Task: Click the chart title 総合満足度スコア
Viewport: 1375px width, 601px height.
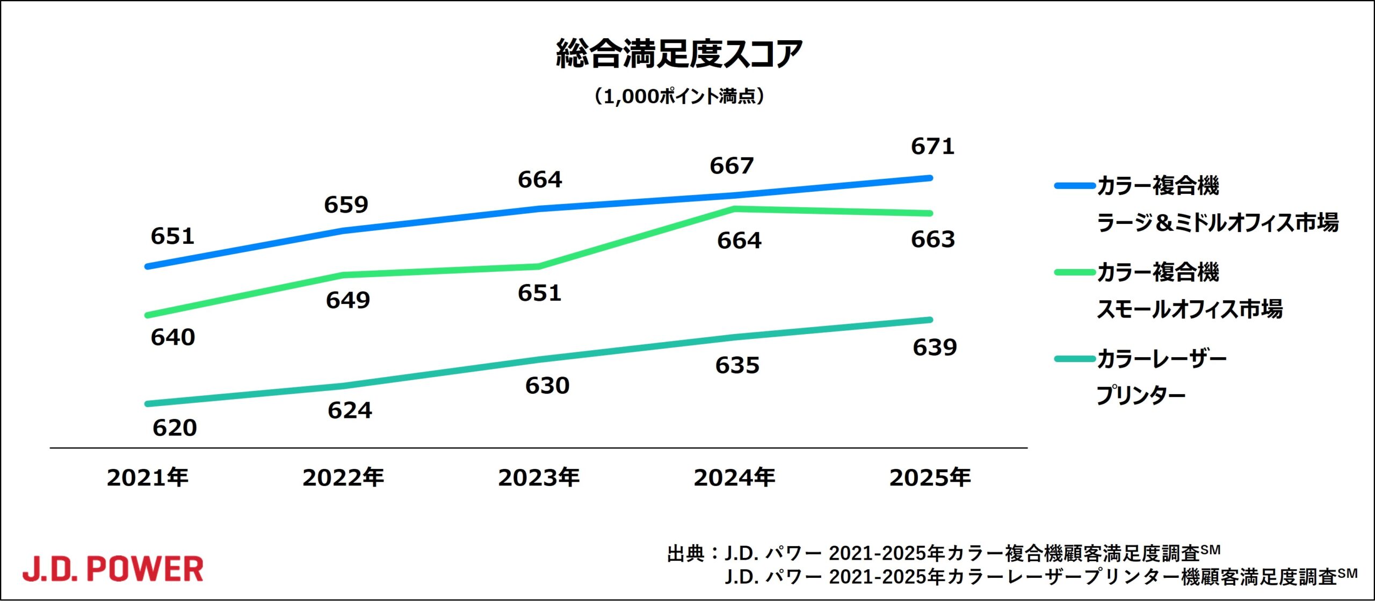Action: click(679, 54)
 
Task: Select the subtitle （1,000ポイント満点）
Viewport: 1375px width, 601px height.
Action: click(679, 97)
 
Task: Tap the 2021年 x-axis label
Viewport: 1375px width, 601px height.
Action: click(148, 477)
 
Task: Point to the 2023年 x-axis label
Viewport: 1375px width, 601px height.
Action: click(539, 477)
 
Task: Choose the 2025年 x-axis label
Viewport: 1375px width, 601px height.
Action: click(930, 477)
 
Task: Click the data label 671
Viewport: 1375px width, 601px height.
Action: click(932, 147)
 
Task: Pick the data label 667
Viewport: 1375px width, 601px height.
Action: click(732, 166)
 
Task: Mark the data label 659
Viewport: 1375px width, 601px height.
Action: click(346, 205)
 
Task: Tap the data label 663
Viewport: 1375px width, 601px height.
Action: click(933, 240)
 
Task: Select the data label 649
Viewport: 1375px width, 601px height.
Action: click(348, 300)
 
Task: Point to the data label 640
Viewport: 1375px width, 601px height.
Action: click(172, 337)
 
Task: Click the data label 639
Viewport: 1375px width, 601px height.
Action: click(935, 347)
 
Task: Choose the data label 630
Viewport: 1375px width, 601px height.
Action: click(547, 386)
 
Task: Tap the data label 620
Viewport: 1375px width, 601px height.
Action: click(175, 428)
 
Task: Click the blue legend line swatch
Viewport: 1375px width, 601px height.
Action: click(1074, 186)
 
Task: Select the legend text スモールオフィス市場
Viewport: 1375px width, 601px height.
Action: click(1189, 309)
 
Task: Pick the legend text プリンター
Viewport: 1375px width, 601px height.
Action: click(1140, 396)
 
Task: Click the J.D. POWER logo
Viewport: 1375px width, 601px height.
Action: click(113, 569)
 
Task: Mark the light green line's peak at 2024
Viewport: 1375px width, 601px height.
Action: click(734, 208)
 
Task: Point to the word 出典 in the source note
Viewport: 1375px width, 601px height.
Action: click(685, 554)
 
